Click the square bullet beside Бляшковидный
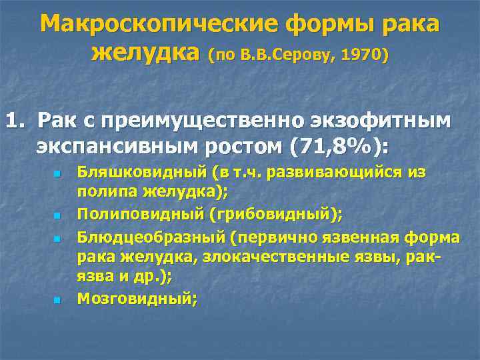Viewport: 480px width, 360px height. (x=57, y=175)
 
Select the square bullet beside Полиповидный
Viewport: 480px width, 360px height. (x=57, y=216)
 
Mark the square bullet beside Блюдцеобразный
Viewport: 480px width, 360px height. (x=57, y=238)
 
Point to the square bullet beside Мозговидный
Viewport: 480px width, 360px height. (x=57, y=300)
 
